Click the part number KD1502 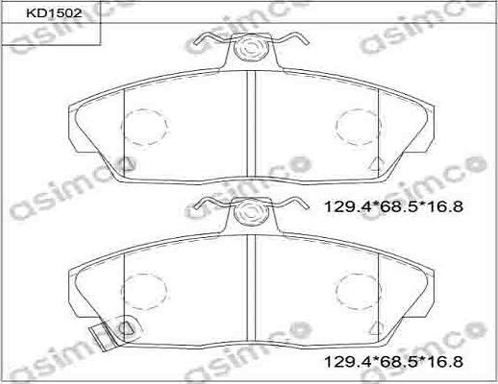(x=54, y=13)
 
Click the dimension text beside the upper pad (x=393, y=206)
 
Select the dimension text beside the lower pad (x=393, y=362)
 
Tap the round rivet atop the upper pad (x=251, y=48)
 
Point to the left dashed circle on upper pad (x=145, y=127)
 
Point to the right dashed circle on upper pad (x=359, y=127)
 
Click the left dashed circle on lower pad (x=145, y=291)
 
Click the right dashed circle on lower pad (x=359, y=291)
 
